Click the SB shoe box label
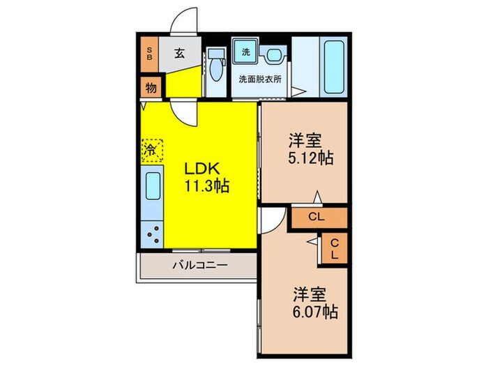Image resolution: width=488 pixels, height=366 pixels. click(x=149, y=54)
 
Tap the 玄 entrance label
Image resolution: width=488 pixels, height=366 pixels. click(x=179, y=53)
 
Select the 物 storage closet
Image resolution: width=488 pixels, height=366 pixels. click(x=151, y=88)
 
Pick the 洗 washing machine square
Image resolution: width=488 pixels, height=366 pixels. click(x=245, y=52)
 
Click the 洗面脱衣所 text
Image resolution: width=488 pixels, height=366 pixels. click(x=260, y=79)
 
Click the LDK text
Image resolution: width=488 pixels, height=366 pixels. click(x=203, y=169)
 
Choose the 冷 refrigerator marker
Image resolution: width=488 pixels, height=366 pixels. click(x=151, y=149)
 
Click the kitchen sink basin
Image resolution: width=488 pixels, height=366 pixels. click(x=153, y=188)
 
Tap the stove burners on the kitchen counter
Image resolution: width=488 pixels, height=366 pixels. click(x=153, y=234)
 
